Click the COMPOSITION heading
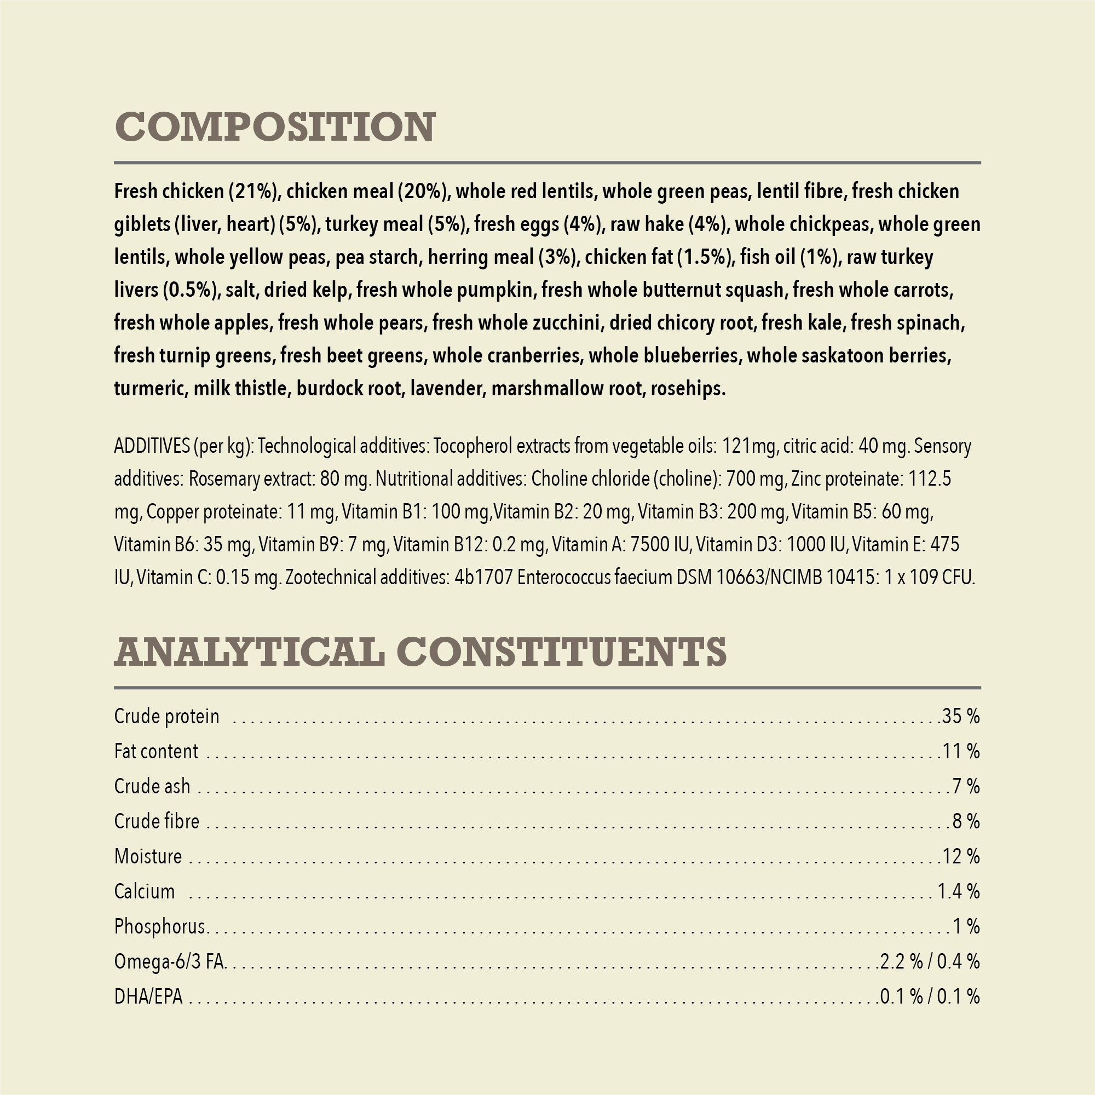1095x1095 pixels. click(x=275, y=126)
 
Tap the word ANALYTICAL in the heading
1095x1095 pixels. click(x=249, y=651)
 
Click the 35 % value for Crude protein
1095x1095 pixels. click(x=960, y=716)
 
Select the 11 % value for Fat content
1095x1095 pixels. click(x=961, y=752)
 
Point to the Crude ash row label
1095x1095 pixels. click(x=152, y=787)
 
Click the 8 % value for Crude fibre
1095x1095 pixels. click(x=966, y=821)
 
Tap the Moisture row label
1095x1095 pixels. click(x=148, y=856)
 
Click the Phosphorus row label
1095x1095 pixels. click(x=159, y=927)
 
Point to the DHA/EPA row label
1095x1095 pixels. click(x=148, y=997)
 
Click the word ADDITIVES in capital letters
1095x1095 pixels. click(x=151, y=447)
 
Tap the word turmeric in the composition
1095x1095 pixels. click(x=149, y=389)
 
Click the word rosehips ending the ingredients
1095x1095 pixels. click(x=688, y=389)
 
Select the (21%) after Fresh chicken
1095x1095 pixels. click(x=255, y=192)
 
